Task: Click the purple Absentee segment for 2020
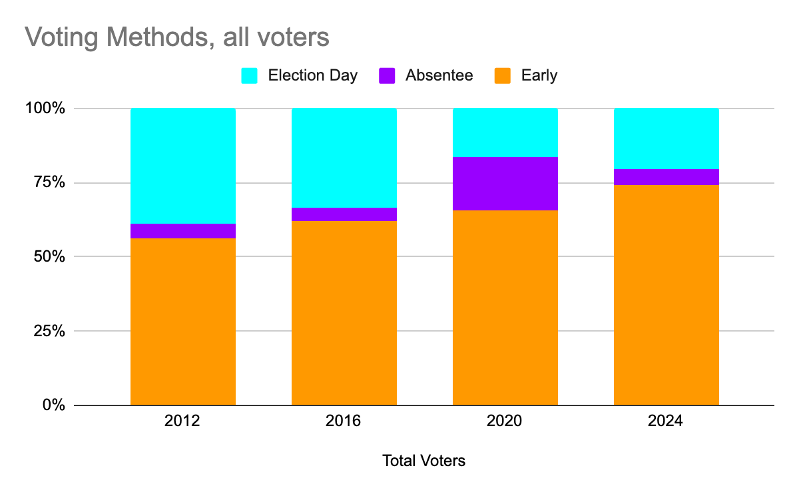505,184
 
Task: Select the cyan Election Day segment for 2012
182,166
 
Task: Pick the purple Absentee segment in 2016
344,214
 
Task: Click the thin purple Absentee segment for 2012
182,231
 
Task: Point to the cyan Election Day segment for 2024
666,138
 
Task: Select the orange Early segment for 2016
344,313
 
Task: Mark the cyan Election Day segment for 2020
505,132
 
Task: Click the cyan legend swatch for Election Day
249,76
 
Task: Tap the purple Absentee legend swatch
387,76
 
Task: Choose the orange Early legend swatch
503,76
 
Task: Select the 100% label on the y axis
46,109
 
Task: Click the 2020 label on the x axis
505,422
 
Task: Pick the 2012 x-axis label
182,422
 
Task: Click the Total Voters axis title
423,461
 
